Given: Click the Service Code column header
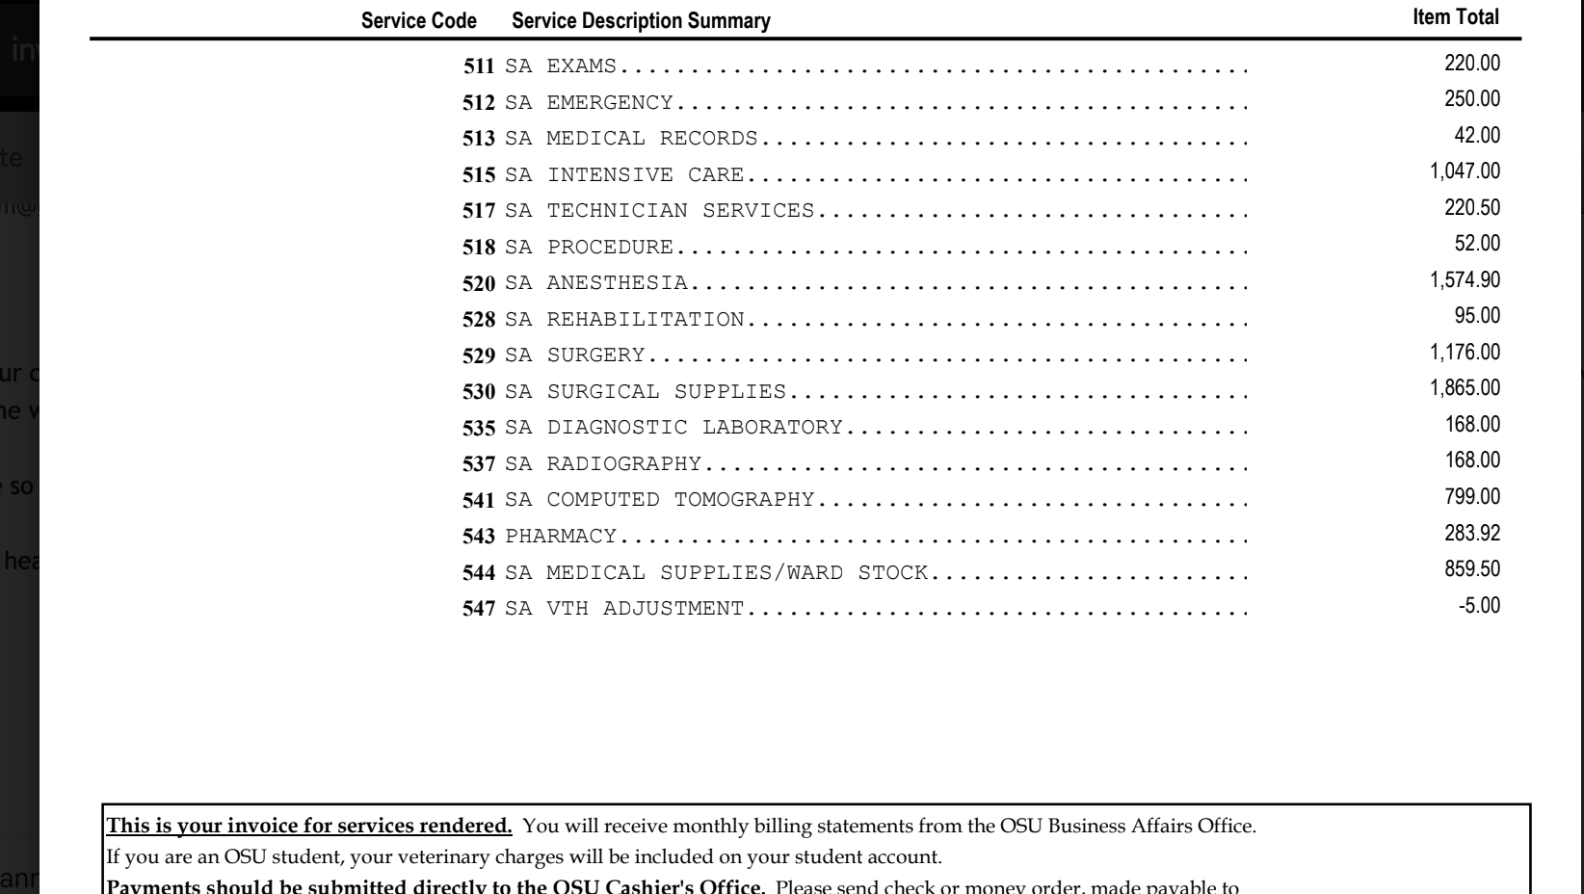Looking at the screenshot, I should coord(418,21).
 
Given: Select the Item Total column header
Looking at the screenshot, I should coord(1455,17).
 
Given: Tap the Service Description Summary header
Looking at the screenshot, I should coord(641,21).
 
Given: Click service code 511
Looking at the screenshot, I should coord(479,66).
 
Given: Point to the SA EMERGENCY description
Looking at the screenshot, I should coord(589,102).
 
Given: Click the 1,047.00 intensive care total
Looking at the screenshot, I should coord(1465,171).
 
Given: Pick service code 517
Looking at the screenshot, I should coord(479,211).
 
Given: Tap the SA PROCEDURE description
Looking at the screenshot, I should coord(589,247).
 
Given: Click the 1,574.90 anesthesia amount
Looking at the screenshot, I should coord(1465,280).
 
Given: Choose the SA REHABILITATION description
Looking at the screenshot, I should coord(624,319).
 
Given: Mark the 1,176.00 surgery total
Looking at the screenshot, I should coord(1465,353).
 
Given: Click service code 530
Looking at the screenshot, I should coord(479,392).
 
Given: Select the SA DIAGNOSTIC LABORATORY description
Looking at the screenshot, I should coord(673,428).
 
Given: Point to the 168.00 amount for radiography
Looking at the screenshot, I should coord(1472,460).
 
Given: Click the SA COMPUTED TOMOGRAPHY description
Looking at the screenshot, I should coord(660,500).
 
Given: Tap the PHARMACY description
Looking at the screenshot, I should coord(561,536).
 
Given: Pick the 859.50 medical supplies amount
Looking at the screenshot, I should coord(1472,569).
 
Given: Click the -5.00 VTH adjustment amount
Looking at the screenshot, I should coord(1479,606).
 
